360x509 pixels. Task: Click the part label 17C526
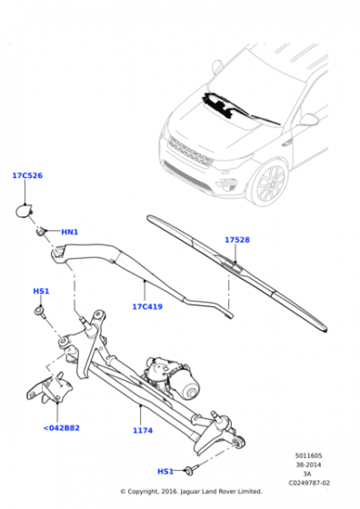pyautogui.click(x=27, y=175)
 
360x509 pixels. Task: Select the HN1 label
pyautogui.click(x=70, y=232)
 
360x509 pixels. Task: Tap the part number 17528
pyautogui.click(x=237, y=240)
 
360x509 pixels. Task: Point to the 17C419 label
pyautogui.click(x=147, y=306)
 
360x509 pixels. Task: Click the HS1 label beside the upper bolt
pyautogui.click(x=41, y=291)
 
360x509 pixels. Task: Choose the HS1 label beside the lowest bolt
pyautogui.click(x=165, y=472)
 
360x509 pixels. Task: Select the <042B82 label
pyautogui.click(x=61, y=428)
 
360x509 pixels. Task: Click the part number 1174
pyautogui.click(x=143, y=431)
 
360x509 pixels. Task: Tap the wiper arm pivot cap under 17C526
pyautogui.click(x=24, y=211)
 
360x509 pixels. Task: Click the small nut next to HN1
pyautogui.click(x=41, y=232)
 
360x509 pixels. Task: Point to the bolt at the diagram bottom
pyautogui.click(x=189, y=471)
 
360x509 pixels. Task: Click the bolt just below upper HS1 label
pyautogui.click(x=41, y=313)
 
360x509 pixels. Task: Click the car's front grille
pyautogui.click(x=190, y=151)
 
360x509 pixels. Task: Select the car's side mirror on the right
pyautogui.click(x=308, y=119)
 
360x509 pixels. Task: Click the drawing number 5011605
pyautogui.click(x=308, y=455)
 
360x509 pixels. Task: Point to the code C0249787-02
pyautogui.click(x=309, y=483)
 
